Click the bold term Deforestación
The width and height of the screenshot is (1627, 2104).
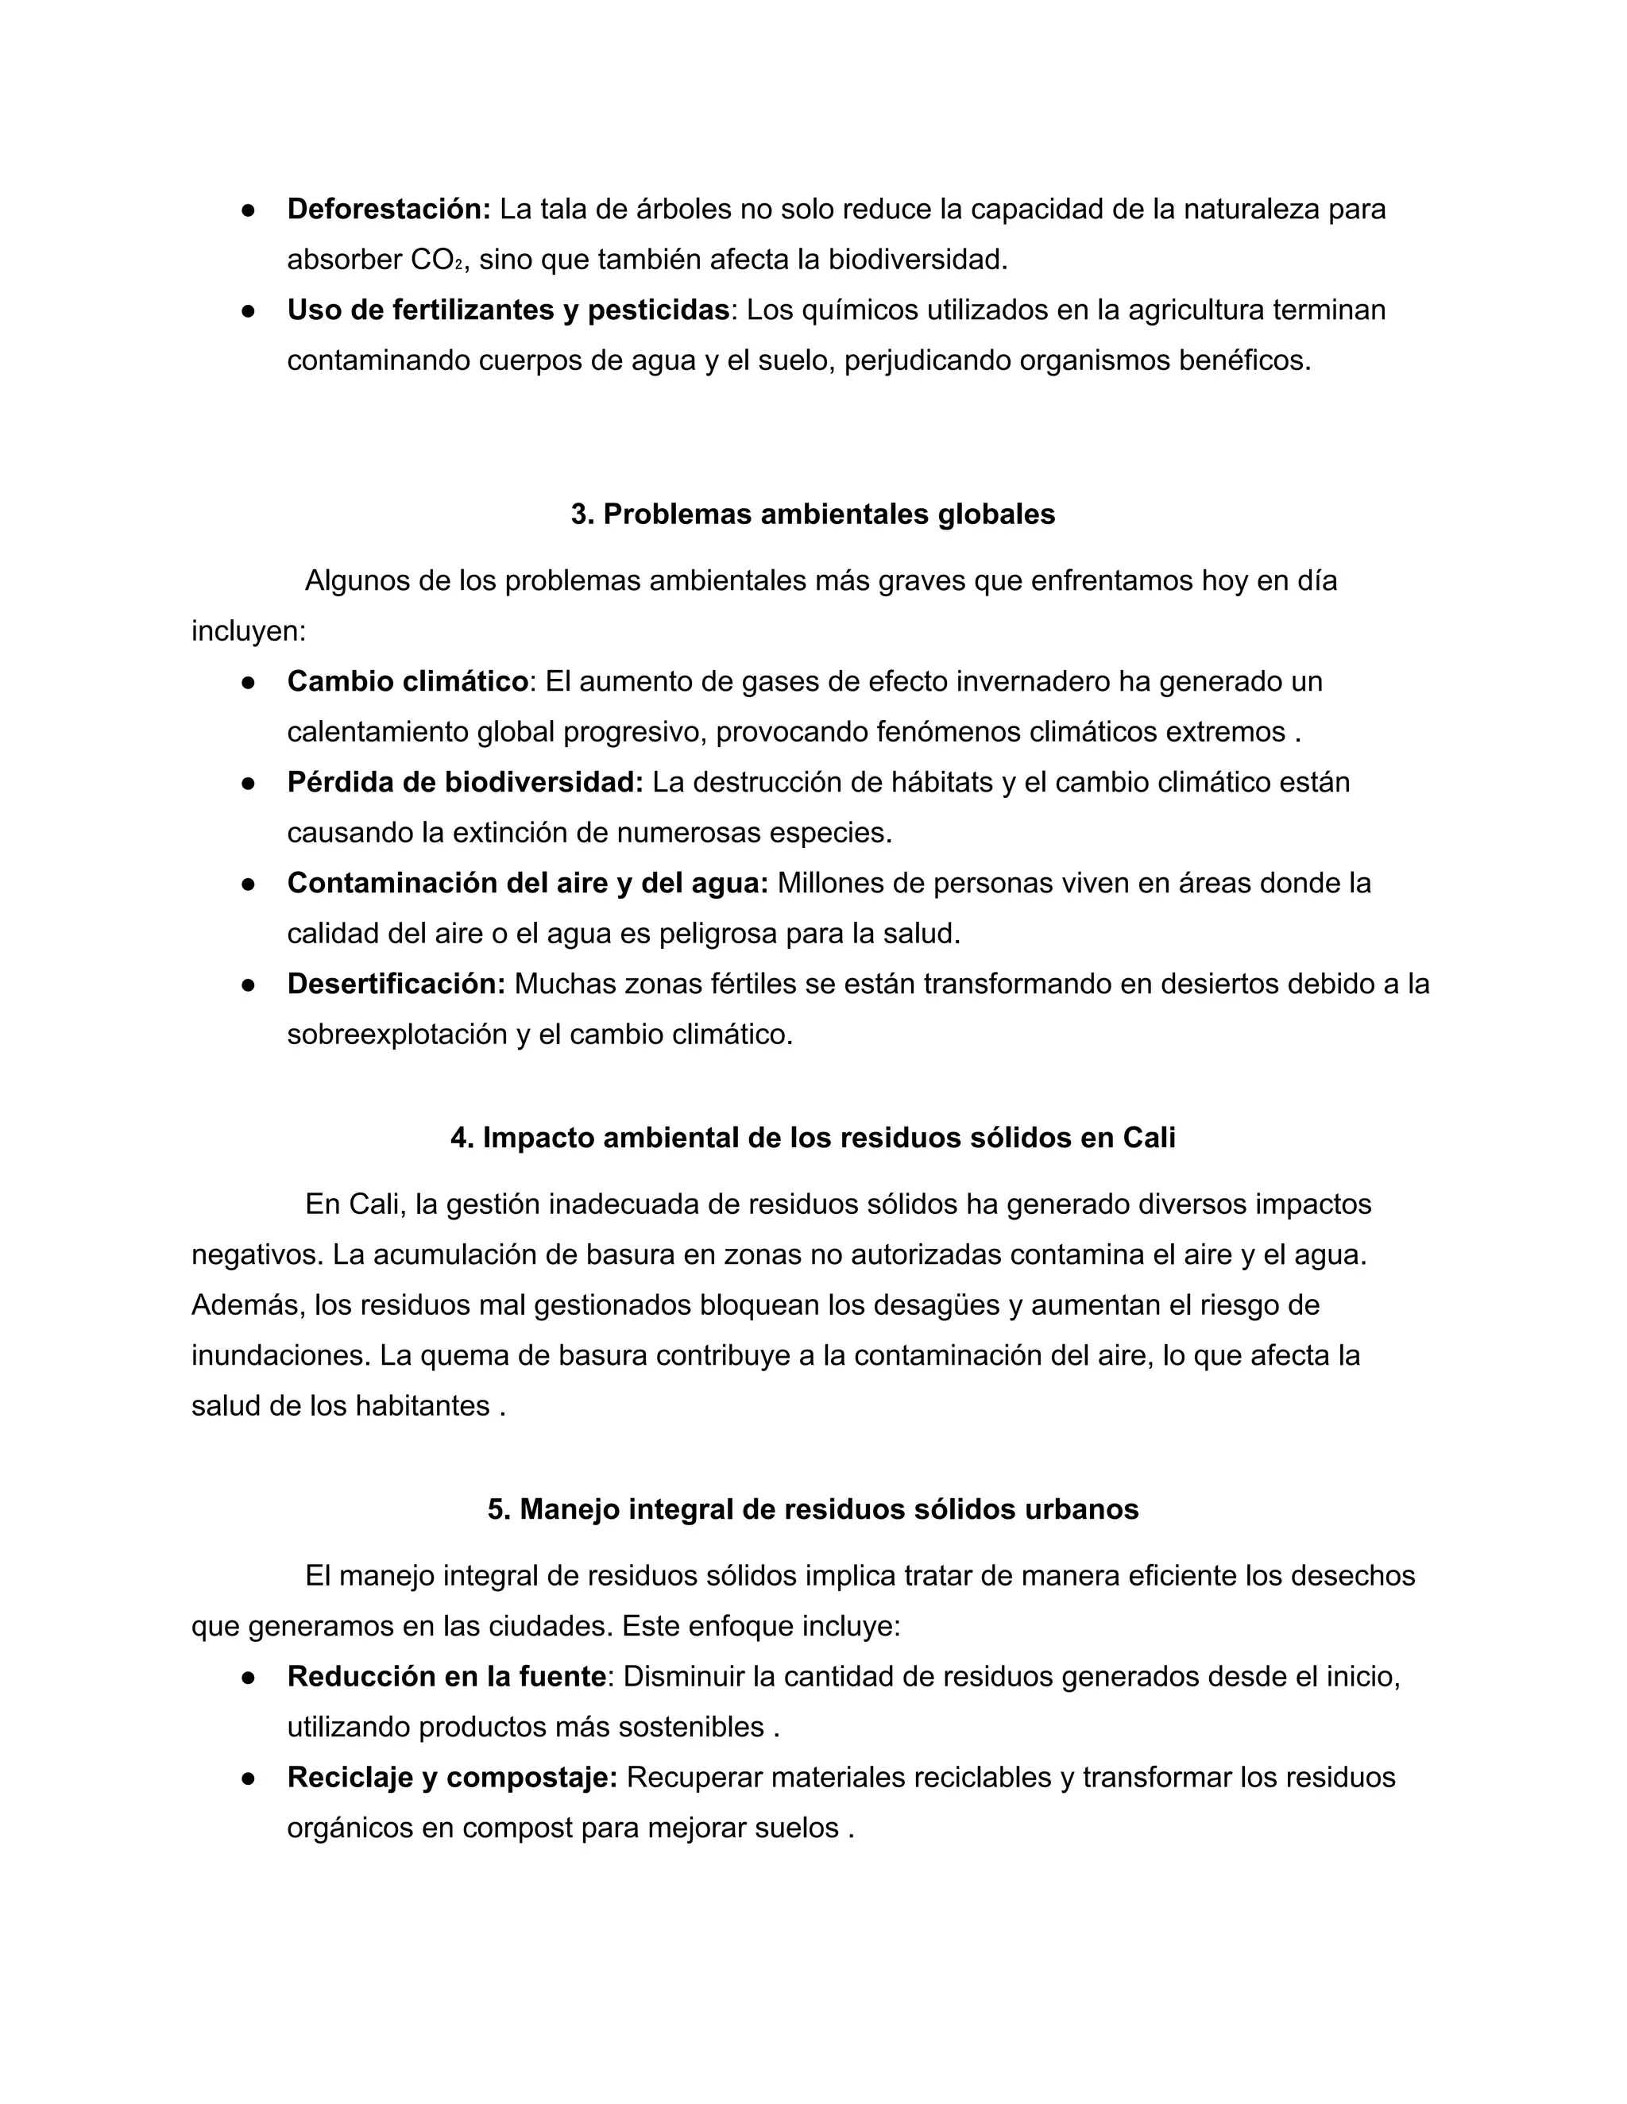(388, 209)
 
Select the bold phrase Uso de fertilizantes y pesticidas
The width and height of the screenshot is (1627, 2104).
(508, 310)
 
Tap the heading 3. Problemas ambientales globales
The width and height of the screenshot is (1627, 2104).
(813, 514)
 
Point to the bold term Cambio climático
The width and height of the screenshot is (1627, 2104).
(408, 681)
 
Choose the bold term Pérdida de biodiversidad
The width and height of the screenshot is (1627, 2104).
(465, 782)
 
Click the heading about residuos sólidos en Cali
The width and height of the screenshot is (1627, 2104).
(813, 1138)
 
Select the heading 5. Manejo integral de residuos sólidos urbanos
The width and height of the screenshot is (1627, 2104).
(813, 1509)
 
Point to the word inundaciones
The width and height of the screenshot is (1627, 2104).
(280, 1355)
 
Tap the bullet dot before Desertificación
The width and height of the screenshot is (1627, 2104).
(248, 985)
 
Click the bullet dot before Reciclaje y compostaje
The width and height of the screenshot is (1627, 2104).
(248, 1778)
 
